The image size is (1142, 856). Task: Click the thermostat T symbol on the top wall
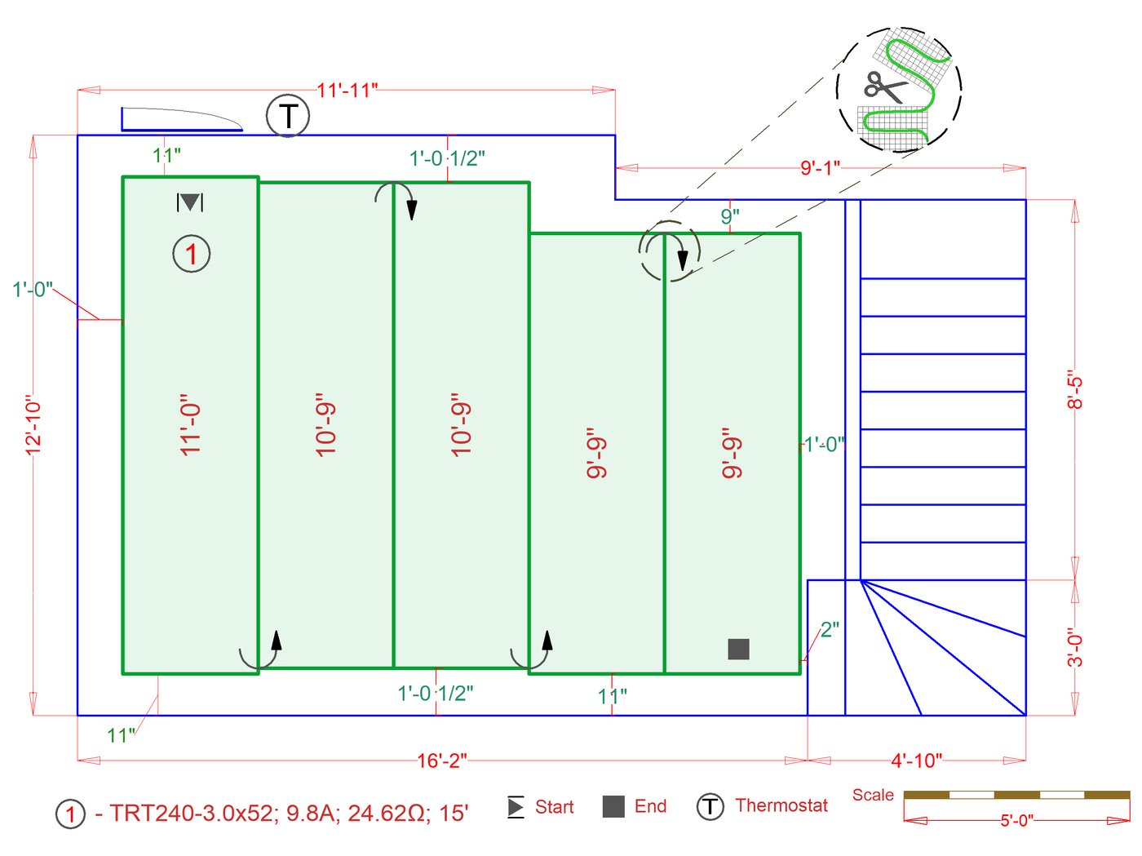288,116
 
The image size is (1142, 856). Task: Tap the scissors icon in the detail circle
884,86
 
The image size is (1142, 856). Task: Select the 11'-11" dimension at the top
347,90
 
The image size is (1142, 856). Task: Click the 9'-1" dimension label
820,168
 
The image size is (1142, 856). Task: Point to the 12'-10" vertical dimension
33,425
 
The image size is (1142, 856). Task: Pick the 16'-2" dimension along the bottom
442,761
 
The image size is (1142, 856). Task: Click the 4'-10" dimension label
916,761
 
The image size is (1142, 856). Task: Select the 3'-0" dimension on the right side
1075,647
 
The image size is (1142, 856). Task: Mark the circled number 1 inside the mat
192,254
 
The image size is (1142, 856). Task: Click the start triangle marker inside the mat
190,202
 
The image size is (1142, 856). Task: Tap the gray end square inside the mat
738,649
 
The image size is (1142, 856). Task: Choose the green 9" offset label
730,216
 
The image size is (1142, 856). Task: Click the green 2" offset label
830,629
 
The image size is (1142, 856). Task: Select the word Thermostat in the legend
781,805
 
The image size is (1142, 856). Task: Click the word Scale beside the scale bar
873,795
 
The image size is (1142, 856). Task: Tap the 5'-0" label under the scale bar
1016,820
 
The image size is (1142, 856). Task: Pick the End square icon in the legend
613,806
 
